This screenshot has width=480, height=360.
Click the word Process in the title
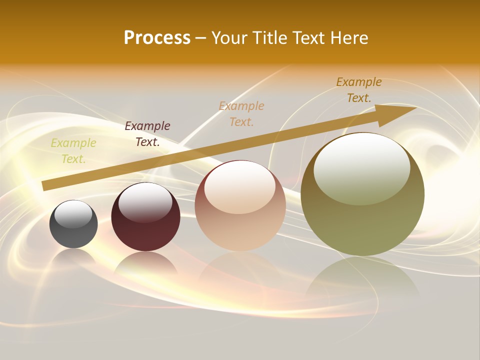(157, 38)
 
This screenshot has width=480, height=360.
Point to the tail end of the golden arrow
(45, 185)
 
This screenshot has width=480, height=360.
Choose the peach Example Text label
(241, 113)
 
